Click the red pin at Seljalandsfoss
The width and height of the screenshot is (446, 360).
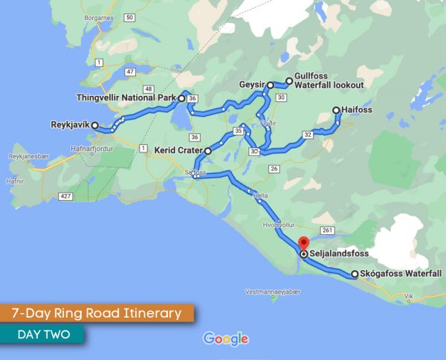point(303,243)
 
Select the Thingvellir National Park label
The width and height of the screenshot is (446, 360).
point(126,97)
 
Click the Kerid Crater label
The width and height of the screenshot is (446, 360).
point(178,150)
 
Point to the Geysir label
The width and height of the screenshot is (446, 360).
point(252,86)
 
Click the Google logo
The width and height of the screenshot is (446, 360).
point(225,339)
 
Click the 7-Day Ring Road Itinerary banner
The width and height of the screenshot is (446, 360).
point(97,313)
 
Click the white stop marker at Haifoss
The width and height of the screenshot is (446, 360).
point(337,110)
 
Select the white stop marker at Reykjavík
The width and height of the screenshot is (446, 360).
point(95,126)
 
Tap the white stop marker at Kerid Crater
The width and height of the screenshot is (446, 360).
point(208,151)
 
